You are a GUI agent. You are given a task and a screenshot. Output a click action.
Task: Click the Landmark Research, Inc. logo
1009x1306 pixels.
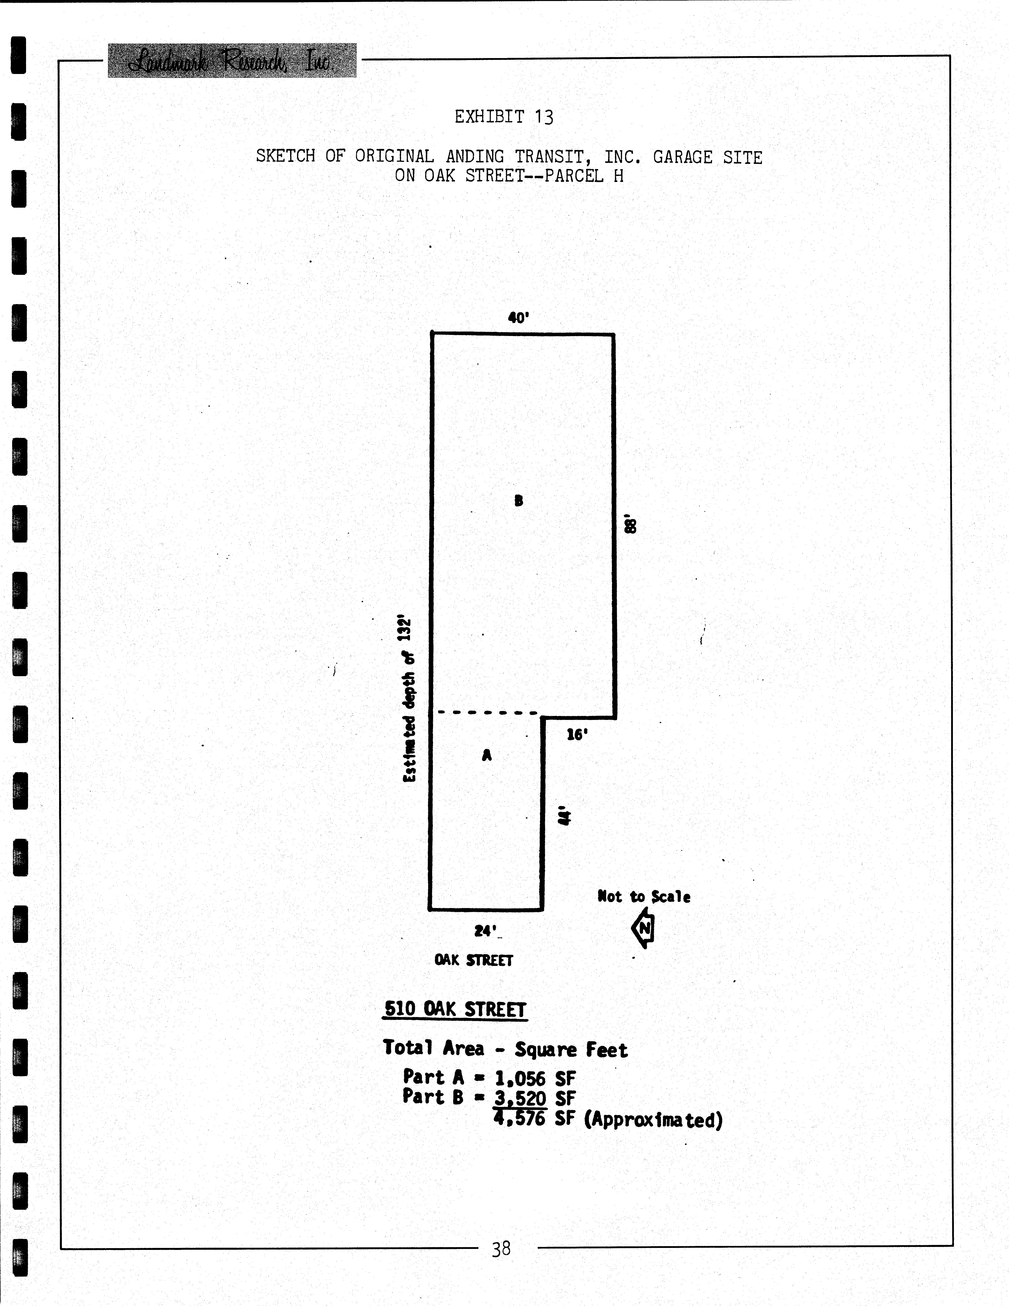(x=232, y=60)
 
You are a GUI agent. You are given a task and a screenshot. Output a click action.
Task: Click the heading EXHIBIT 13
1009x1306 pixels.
(x=504, y=117)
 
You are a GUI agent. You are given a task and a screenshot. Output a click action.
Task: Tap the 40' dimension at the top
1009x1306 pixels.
(x=519, y=318)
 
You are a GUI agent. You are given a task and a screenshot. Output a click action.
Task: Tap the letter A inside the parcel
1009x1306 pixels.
(x=487, y=755)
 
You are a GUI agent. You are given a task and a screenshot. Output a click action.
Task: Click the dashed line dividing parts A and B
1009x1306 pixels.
(x=487, y=712)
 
